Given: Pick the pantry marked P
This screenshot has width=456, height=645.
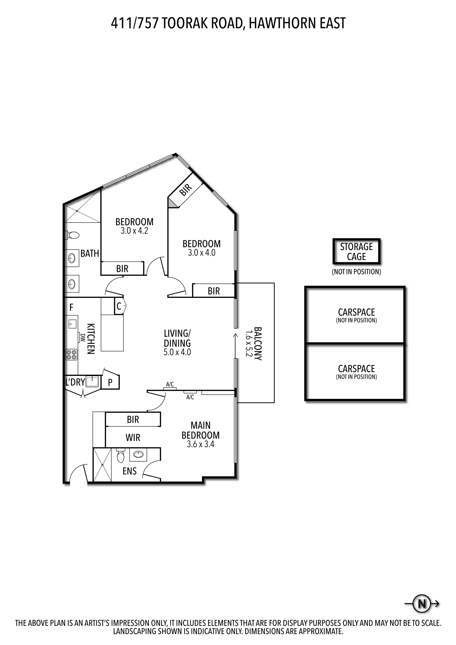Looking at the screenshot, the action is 110,382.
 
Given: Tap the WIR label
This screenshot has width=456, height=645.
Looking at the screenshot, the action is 133,437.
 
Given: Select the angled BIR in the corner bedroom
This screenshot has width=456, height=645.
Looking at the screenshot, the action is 185,190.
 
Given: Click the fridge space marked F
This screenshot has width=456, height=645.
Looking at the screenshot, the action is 71,307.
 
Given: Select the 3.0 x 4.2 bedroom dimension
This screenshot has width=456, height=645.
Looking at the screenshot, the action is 134,231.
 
